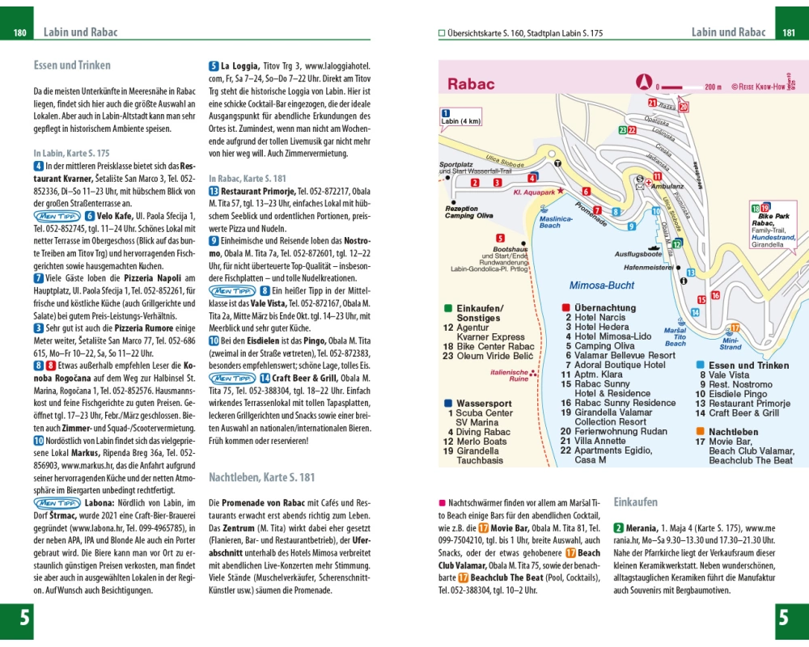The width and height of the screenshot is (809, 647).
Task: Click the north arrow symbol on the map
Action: [x=645, y=81]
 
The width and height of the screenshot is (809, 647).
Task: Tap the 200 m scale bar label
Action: [x=713, y=87]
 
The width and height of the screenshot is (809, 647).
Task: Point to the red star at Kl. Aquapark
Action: [x=582, y=189]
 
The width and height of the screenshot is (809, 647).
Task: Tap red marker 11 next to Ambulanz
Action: [x=658, y=176]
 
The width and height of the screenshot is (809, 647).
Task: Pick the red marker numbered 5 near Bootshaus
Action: [x=500, y=238]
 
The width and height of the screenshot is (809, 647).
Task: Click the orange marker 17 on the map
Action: [x=735, y=328]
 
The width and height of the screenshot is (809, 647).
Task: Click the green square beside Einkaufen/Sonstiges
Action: [x=447, y=308]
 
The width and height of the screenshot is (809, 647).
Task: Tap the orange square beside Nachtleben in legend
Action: [x=701, y=432]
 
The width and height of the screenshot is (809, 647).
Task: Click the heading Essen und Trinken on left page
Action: [x=72, y=66]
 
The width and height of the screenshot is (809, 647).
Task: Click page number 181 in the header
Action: [x=789, y=33]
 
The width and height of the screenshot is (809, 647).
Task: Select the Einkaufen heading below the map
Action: [x=636, y=501]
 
